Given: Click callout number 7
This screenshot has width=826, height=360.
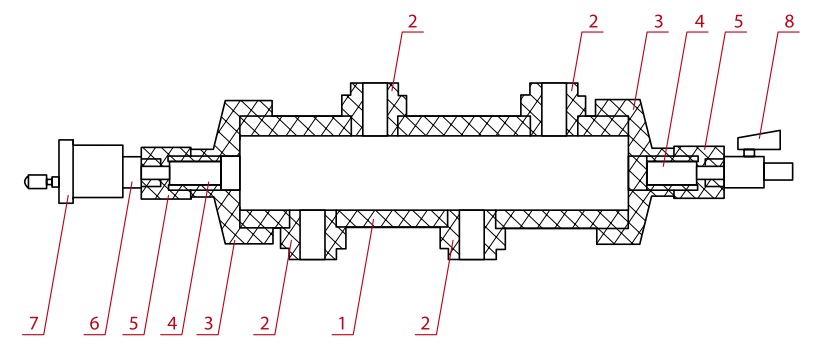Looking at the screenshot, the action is tap(34, 324).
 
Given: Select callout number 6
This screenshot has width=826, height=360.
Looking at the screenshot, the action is tap(94, 324).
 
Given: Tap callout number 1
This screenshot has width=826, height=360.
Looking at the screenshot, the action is tap(342, 324).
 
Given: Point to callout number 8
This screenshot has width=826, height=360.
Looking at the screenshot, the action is tap(789, 21).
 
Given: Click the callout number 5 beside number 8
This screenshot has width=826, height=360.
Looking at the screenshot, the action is tap(738, 21).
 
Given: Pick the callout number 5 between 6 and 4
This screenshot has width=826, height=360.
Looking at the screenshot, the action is tap(133, 324).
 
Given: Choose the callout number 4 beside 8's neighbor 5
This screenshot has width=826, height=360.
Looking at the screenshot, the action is tap(699, 21).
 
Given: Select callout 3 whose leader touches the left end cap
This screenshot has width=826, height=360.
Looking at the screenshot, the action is tap(209, 324).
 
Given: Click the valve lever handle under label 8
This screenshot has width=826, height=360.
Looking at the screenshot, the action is tap(759, 141).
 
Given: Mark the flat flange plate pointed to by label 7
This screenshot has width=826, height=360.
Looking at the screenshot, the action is tap(66, 171).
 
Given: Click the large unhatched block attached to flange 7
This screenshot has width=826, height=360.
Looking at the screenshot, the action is tap(98, 171).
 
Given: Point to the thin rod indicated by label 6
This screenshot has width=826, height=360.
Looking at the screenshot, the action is tap(132, 171).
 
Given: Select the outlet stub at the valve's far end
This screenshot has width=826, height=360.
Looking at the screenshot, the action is tap(779, 171).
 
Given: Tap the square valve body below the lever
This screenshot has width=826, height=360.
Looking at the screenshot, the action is tap(744, 171).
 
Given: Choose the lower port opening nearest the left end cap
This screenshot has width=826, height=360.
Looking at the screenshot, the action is tap(313, 234).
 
